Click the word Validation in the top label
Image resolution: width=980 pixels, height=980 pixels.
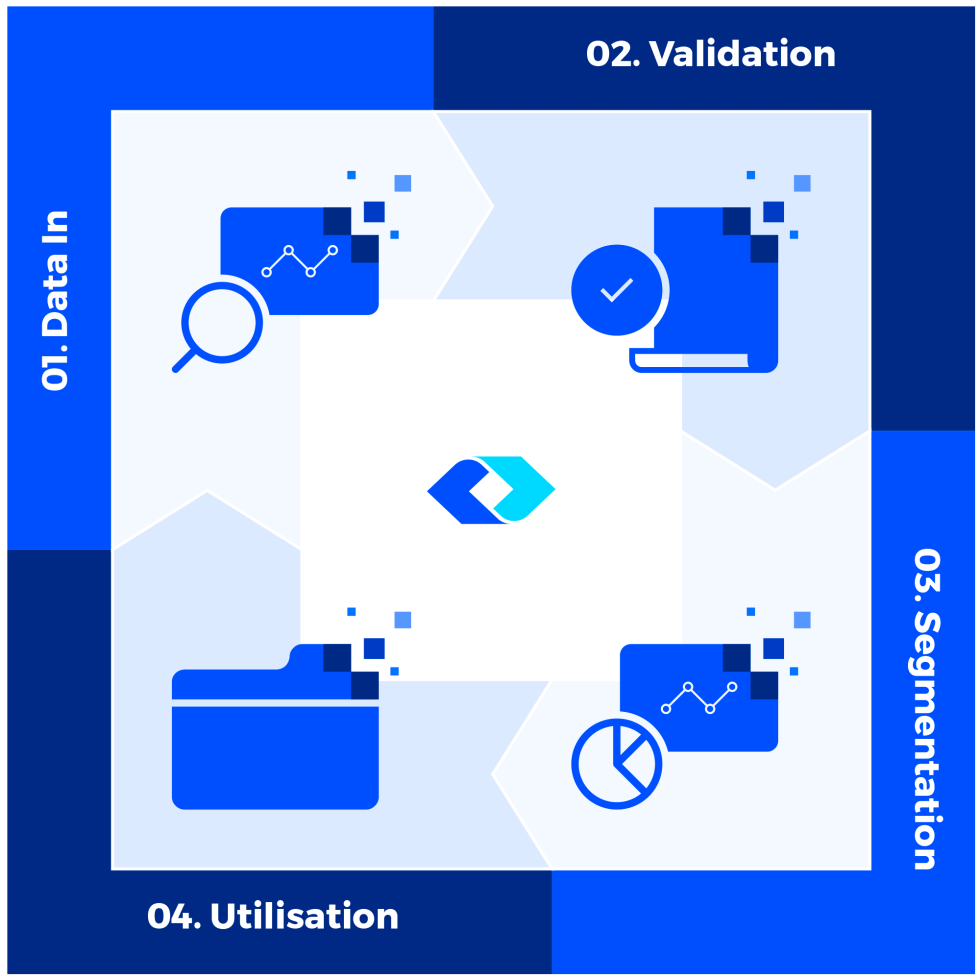pyautogui.click(x=743, y=54)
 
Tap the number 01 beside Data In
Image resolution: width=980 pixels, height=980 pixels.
pyautogui.click(x=56, y=366)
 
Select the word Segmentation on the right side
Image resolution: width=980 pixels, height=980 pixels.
pyautogui.click(x=926, y=741)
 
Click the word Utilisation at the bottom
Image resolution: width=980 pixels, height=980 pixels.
pyautogui.click(x=304, y=917)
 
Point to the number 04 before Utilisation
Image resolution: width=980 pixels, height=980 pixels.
pyautogui.click(x=173, y=917)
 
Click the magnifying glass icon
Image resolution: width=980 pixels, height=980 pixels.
pyautogui.click(x=222, y=323)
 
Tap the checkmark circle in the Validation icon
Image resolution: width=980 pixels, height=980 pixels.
pyautogui.click(x=617, y=290)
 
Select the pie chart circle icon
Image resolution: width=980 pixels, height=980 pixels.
pyautogui.click(x=617, y=764)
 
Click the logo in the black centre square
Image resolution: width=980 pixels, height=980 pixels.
pyautogui.click(x=491, y=490)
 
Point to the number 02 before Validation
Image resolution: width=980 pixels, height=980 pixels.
pyautogui.click(x=612, y=54)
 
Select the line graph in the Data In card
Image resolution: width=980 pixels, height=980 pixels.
pyautogui.click(x=299, y=261)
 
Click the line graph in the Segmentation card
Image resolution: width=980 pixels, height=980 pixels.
pyautogui.click(x=699, y=698)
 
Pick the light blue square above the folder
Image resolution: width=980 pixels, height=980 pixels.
pyautogui.click(x=403, y=620)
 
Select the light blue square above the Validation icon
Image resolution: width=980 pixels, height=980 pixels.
pyautogui.click(x=802, y=183)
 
